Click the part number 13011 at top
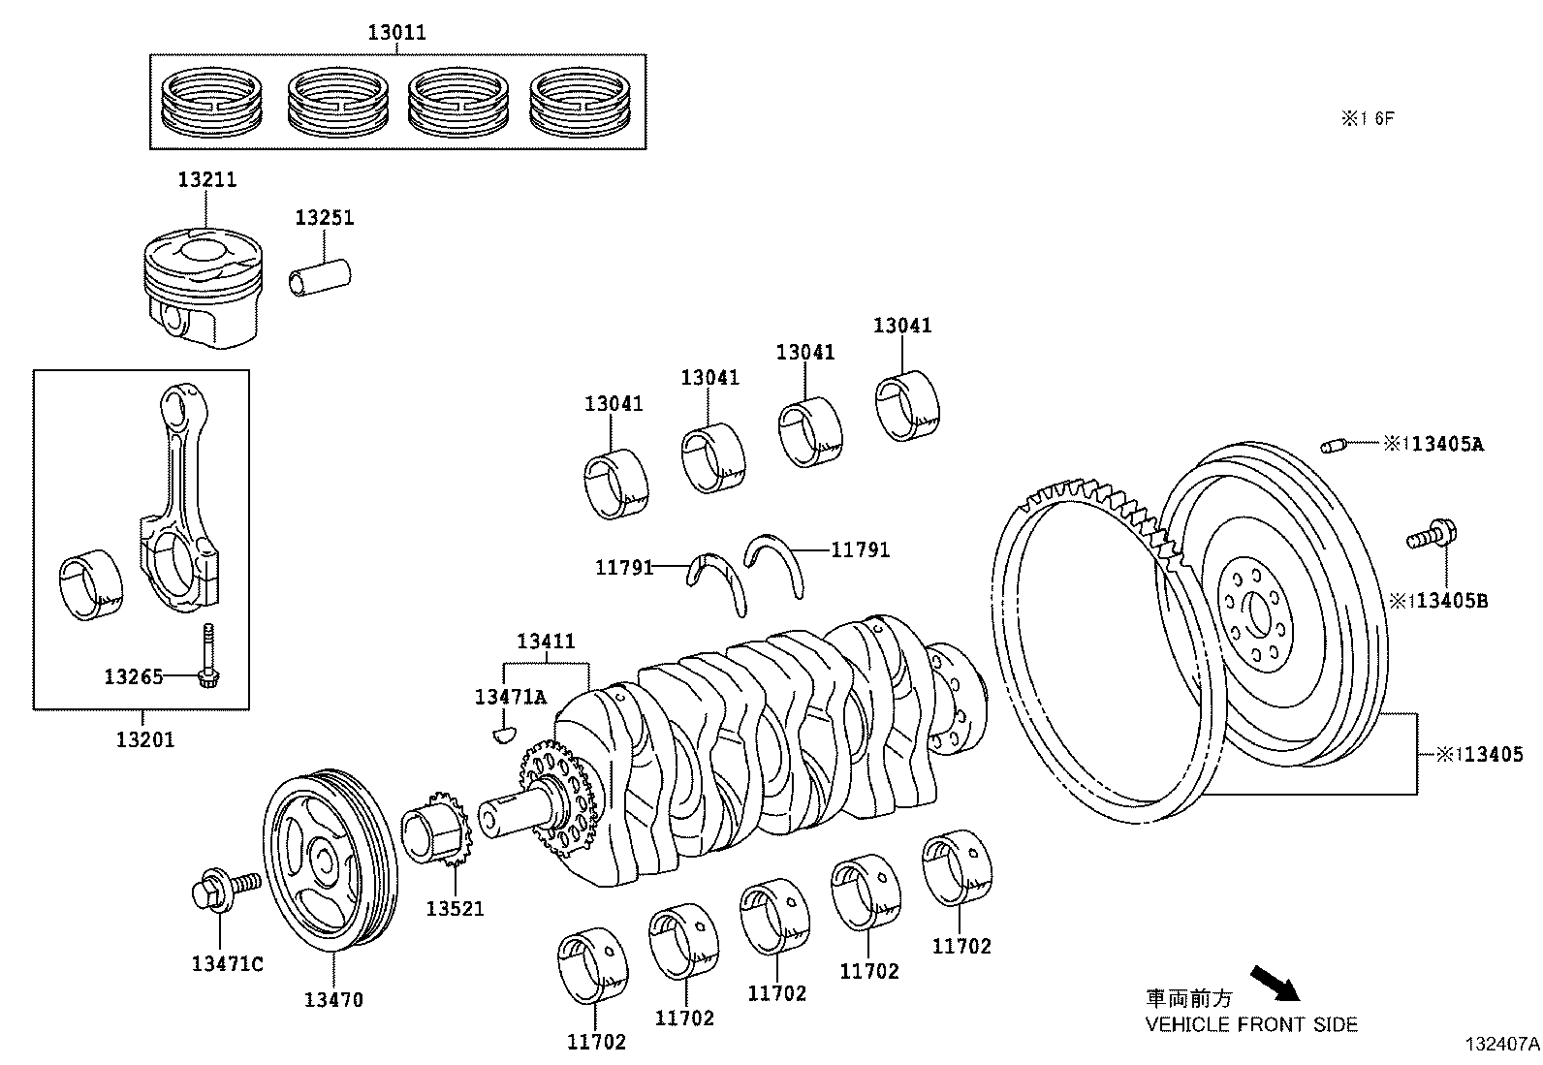point(396,32)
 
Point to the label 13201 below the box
point(145,739)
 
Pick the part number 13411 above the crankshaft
point(546,641)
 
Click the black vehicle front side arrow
point(1274,984)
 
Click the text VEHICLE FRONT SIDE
point(1251,1024)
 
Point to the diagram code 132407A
point(1501,1045)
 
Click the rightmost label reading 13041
point(901,326)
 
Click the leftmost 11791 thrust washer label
point(624,568)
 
